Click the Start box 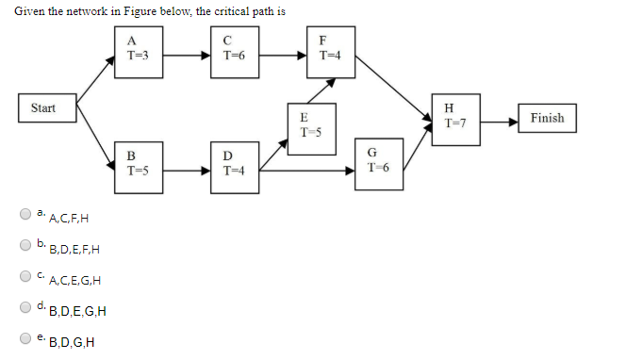43,108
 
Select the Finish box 547,119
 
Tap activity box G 372,165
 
